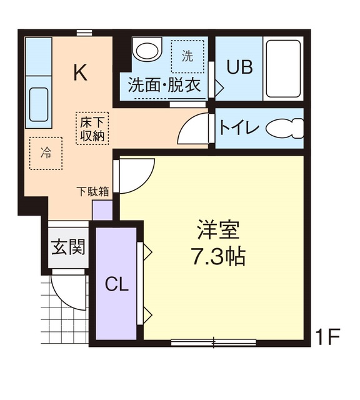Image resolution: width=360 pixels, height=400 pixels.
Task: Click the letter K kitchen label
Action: coord(80,72)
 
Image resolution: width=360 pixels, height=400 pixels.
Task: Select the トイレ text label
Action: coord(239,128)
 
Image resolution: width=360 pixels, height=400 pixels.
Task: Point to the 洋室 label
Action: coord(218,230)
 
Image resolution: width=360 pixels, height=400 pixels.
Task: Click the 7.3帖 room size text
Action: coord(218,256)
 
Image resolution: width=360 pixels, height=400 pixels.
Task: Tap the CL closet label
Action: coord(116,285)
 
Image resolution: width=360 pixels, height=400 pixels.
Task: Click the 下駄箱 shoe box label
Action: coord(94,192)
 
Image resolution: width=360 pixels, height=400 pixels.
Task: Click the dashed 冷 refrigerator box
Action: coord(46,153)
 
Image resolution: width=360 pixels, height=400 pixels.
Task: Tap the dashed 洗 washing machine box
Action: coord(187,57)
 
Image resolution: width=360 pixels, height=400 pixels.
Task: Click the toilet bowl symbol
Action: coord(284,128)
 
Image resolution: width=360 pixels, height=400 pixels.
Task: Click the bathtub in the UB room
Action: coord(283,68)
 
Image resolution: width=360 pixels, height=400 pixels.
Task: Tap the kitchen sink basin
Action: coord(39,103)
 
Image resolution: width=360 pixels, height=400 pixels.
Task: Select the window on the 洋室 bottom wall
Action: coord(213,342)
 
